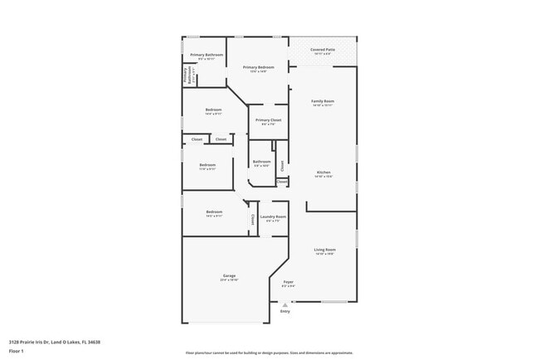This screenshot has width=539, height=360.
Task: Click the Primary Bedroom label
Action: click(258, 66)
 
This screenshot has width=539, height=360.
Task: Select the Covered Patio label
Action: click(323, 49)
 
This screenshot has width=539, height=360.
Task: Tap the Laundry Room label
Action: click(273, 217)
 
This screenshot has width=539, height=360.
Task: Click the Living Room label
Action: click(324, 250)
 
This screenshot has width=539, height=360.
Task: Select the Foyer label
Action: click(289, 282)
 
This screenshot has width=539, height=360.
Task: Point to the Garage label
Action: click(229, 275)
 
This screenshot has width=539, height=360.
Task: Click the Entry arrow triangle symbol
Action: click(285, 304)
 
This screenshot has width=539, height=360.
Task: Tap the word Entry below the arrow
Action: click(285, 311)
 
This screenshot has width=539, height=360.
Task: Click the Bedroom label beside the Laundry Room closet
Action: click(214, 212)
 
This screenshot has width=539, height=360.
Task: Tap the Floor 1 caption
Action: click(16, 351)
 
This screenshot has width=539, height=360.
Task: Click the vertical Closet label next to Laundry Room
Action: click(253, 220)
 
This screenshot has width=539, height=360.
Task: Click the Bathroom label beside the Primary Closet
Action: click(262, 162)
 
